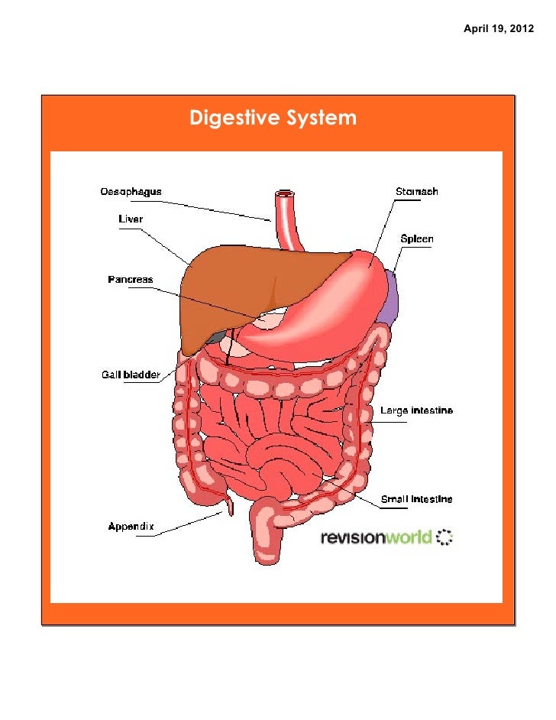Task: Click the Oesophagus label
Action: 131,191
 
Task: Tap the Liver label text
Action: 130,219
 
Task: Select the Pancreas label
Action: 129,280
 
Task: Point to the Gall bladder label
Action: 131,375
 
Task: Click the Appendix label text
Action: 131,526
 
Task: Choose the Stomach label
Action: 416,191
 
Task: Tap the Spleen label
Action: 417,239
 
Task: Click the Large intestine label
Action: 416,411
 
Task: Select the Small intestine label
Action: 416,499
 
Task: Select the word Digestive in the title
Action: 234,118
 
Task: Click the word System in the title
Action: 320,118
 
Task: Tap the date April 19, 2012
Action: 499,28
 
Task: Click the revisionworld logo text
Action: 376,537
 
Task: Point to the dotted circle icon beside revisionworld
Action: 444,537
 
